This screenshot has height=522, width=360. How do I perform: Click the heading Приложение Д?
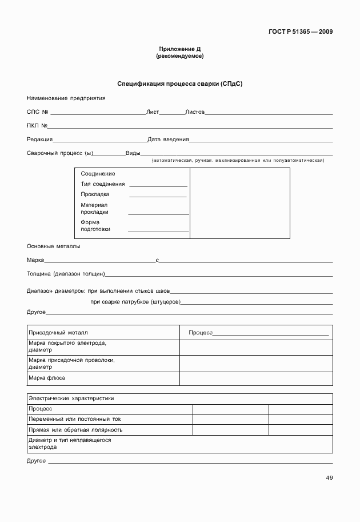[x=179, y=49]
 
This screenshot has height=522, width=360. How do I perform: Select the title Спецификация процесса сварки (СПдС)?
[x=179, y=83]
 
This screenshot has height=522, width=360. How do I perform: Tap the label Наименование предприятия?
[x=66, y=98]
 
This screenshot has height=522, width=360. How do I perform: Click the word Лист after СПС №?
[x=153, y=112]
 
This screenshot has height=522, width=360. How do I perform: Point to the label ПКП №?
[x=37, y=125]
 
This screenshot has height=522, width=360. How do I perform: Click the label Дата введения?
[x=168, y=139]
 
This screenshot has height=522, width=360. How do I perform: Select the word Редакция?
[x=39, y=139]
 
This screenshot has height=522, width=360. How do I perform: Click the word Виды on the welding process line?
[x=133, y=153]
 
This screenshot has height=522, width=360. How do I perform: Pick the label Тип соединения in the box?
[x=103, y=184]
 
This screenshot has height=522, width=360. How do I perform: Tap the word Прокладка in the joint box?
[x=95, y=194]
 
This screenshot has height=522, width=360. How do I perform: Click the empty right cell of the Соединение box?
[x=239, y=203]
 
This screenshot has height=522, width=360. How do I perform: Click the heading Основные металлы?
[x=54, y=246]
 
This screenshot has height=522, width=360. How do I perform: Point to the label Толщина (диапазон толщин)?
[x=66, y=274]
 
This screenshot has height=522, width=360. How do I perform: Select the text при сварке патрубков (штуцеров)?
[x=135, y=301]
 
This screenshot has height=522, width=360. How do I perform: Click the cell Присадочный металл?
[x=58, y=332]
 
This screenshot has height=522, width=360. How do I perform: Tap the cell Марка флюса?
[x=47, y=378]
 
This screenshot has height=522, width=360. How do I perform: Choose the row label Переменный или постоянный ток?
[x=75, y=419]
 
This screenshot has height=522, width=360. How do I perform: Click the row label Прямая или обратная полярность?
[x=75, y=429]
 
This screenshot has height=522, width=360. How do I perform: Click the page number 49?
[x=329, y=478]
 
